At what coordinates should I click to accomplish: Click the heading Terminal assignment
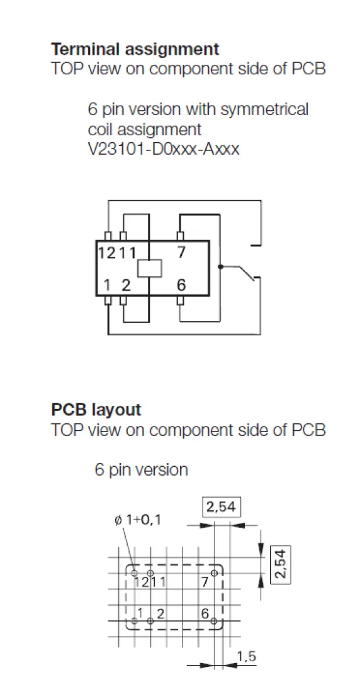pos(135,49)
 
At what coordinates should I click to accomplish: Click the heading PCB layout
pos(96,410)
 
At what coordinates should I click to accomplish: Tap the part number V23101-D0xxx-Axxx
pos(164,150)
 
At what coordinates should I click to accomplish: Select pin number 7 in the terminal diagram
pos(181,252)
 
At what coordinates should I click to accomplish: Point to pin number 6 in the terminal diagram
pos(181,286)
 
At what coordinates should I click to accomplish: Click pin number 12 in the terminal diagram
pos(107,252)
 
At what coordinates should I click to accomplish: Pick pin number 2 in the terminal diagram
pos(126,286)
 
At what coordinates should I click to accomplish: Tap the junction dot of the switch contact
pos(220,267)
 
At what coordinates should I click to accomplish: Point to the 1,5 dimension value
pos(247,657)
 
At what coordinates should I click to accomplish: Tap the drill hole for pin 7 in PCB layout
pos(214,573)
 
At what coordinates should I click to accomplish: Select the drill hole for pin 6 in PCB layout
pos(214,621)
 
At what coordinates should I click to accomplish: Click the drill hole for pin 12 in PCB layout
pos(134,573)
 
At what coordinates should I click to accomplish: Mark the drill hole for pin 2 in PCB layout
pos(150,621)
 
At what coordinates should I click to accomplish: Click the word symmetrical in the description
pos(264,109)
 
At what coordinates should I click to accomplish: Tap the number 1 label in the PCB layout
pos(140,613)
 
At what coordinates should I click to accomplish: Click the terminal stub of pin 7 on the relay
pos(180,236)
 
